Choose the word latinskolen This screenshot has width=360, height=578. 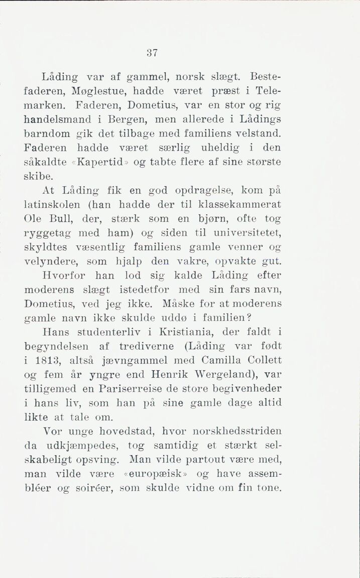tap(55, 205)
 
